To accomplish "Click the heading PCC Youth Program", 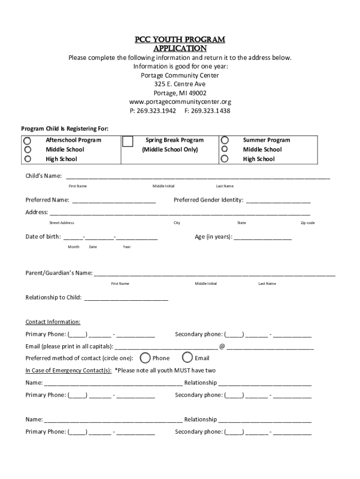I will [x=180, y=40].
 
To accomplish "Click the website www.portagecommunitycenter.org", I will [x=180, y=102].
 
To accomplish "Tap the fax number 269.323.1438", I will [x=211, y=111].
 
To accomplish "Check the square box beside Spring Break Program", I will [x=127, y=141].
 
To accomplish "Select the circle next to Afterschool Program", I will [x=28, y=140].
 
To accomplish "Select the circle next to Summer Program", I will [x=225, y=140].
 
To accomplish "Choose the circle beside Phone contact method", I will [x=145, y=358].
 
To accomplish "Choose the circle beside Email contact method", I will [x=187, y=357].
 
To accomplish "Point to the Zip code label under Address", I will [x=307, y=223].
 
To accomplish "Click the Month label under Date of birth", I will [x=73, y=247].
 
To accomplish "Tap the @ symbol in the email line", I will [x=222, y=347].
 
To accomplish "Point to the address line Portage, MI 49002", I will [x=180, y=93].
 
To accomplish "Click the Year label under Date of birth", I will [x=127, y=247].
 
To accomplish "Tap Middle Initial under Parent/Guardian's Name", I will [x=206, y=284].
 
